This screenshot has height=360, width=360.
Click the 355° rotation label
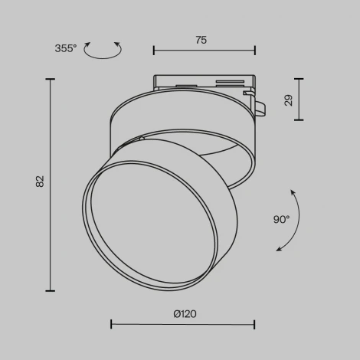(x=66, y=49)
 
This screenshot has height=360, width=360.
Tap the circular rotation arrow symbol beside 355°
(x=103, y=51)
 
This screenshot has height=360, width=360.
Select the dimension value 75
(x=201, y=41)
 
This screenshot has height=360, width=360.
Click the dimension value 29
(x=289, y=99)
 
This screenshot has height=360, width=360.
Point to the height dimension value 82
(x=41, y=182)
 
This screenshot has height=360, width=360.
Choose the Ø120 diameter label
(x=184, y=313)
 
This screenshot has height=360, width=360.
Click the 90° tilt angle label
(x=281, y=219)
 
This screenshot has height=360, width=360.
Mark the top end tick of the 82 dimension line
(x=51, y=78)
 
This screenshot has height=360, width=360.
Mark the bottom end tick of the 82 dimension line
(x=51, y=290)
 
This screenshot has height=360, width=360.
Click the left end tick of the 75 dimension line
(x=154, y=51)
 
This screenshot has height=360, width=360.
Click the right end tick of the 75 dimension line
(x=255, y=51)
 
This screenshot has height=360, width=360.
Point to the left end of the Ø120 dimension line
(x=112, y=324)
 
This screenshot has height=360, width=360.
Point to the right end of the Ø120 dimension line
(x=255, y=324)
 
